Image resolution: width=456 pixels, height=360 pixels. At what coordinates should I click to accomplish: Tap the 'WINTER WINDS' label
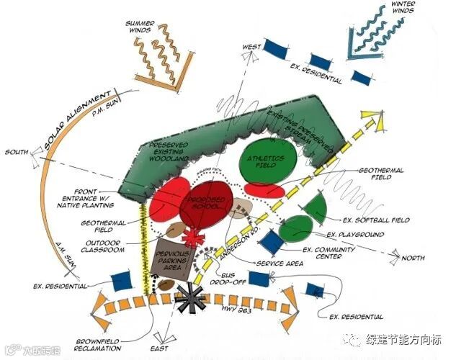[404, 7]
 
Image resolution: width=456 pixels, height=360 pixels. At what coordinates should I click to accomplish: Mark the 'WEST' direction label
[251, 48]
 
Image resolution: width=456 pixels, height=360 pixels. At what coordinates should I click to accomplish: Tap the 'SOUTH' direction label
[17, 152]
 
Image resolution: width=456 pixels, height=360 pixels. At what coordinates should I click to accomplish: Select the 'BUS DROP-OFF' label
[229, 279]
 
